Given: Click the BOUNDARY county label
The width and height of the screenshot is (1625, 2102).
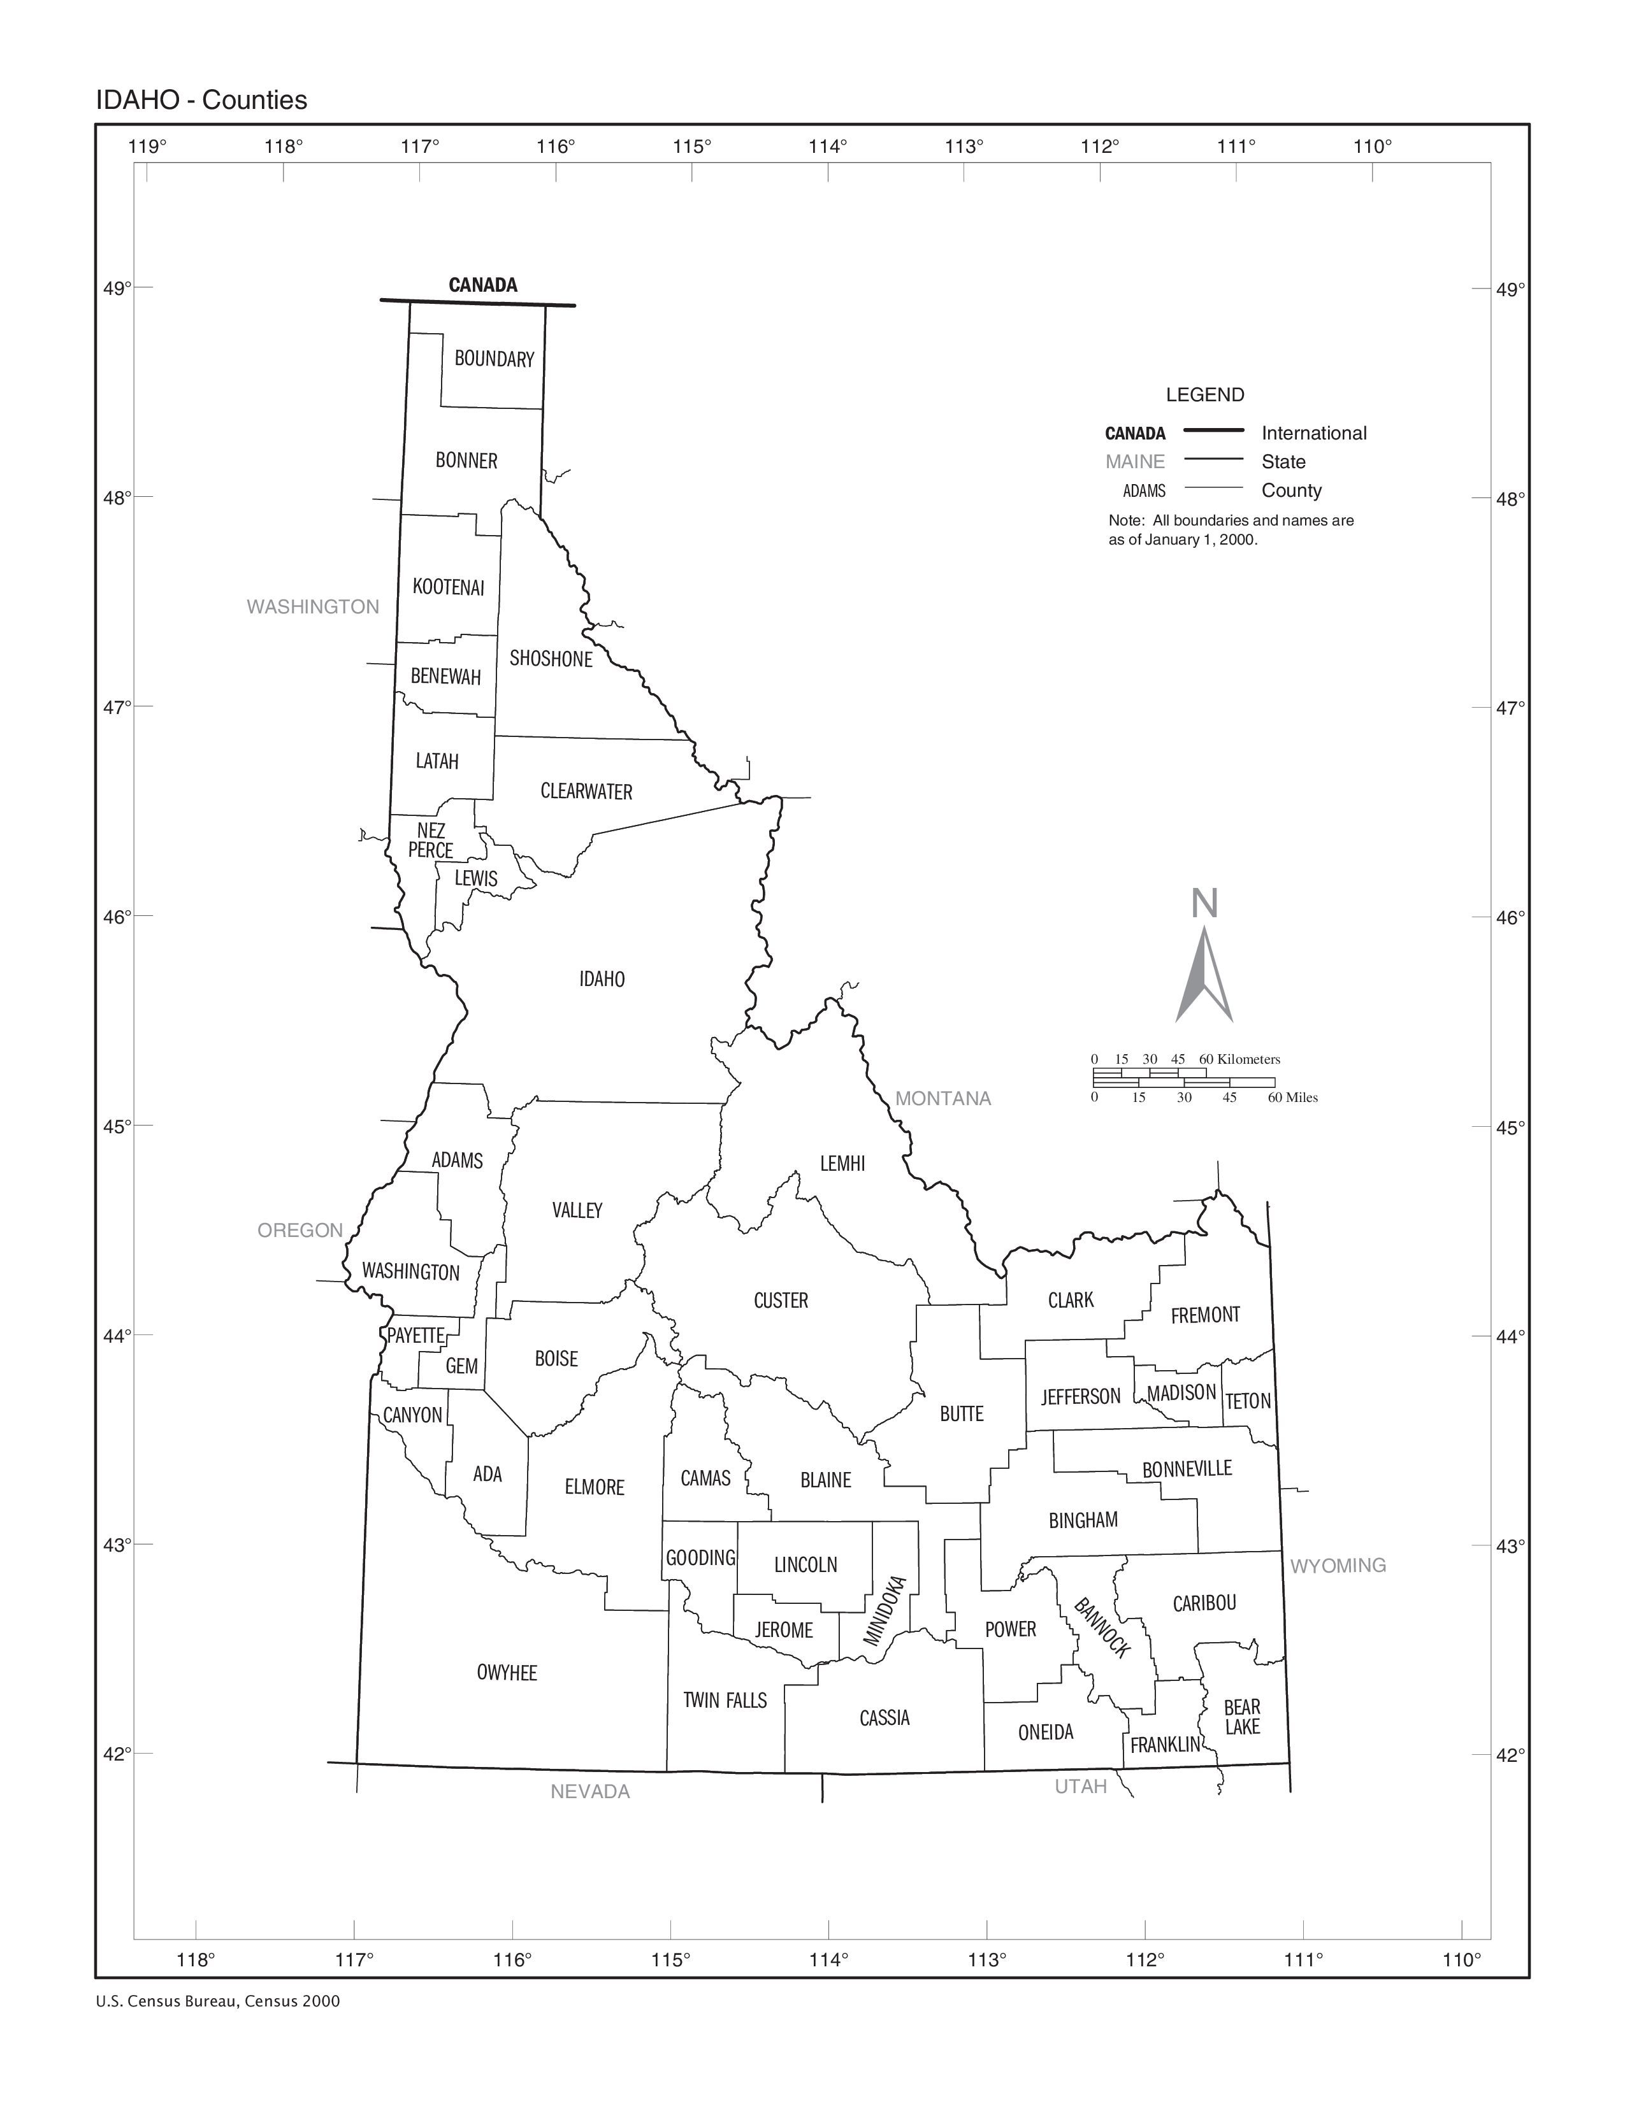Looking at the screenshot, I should (494, 359).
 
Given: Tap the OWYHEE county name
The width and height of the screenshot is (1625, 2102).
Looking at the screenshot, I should (507, 1672).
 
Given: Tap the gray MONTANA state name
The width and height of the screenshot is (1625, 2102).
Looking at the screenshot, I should (942, 1098).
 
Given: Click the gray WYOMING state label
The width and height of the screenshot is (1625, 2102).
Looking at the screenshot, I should (1337, 1565).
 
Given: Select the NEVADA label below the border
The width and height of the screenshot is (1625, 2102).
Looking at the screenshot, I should (590, 1791).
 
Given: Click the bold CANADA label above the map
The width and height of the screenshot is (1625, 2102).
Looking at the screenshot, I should (482, 285).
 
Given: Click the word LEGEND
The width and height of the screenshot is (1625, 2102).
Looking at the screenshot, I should (1204, 395).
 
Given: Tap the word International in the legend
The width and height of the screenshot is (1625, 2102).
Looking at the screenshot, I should (1313, 433).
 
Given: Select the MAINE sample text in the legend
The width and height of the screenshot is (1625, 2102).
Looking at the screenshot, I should (1135, 462).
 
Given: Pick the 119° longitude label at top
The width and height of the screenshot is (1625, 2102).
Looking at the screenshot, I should (147, 147).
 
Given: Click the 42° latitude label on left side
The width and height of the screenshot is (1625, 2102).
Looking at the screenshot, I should (117, 1754).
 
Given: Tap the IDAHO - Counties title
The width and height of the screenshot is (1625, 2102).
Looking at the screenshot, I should (201, 100).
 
